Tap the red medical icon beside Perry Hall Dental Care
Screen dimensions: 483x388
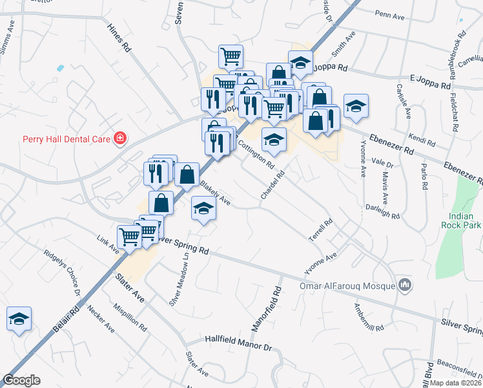point(119,138)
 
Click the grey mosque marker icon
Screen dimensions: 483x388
point(405,284)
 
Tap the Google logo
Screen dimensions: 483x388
point(21,380)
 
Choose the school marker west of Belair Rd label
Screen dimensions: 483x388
point(19,318)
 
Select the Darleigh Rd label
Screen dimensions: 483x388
point(383,211)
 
